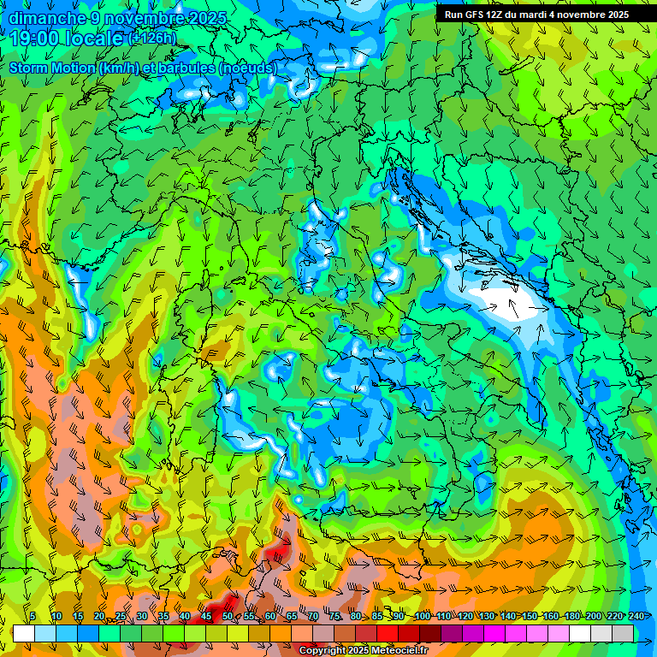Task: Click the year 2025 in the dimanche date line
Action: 205,18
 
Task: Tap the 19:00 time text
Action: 33,38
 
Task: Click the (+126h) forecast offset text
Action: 152,38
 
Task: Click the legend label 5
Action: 33,616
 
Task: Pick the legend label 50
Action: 227,616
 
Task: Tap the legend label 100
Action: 422,616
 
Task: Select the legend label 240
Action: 636,616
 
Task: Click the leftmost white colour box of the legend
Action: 24,633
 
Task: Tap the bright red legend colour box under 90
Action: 388,633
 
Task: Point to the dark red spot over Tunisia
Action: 275,552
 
